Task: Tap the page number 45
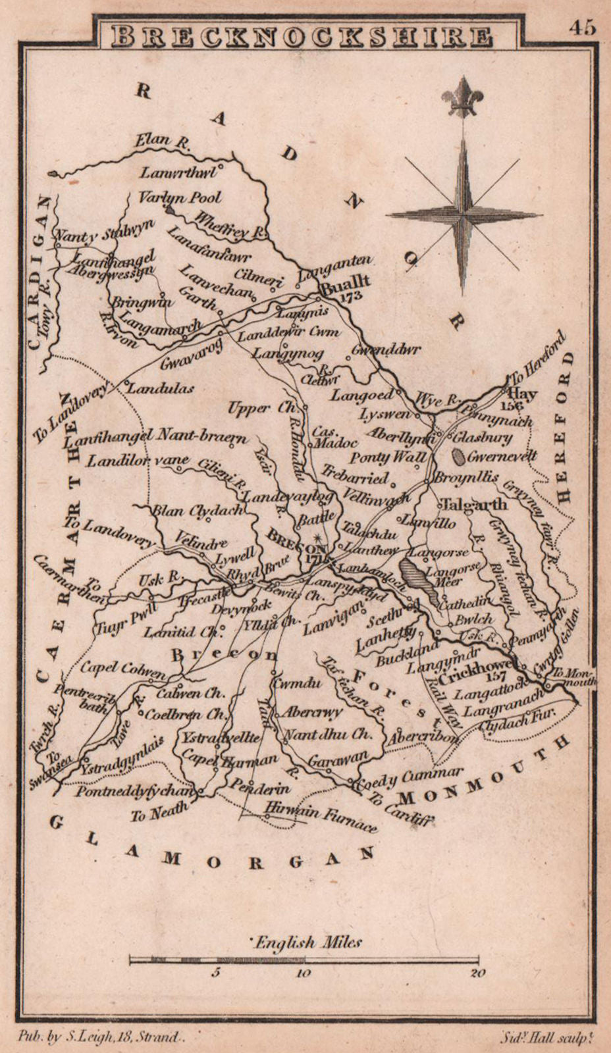583,28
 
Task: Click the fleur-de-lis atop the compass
464,96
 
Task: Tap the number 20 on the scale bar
478,973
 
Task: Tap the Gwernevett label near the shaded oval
503,455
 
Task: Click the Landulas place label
159,388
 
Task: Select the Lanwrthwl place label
180,172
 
